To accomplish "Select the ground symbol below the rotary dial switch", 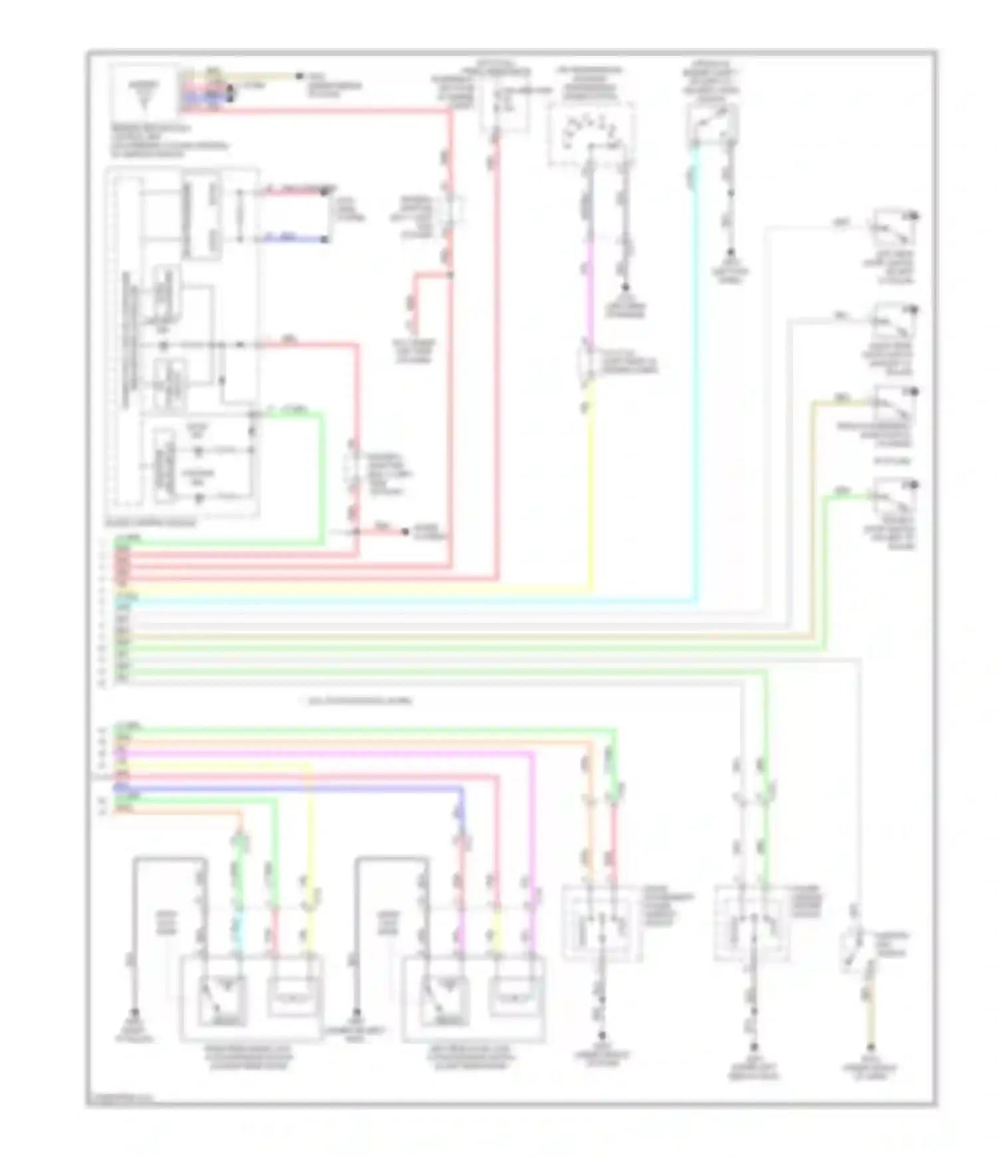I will coord(625,288).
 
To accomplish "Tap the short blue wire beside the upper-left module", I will coord(293,238).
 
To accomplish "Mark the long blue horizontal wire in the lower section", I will coord(286,788).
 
